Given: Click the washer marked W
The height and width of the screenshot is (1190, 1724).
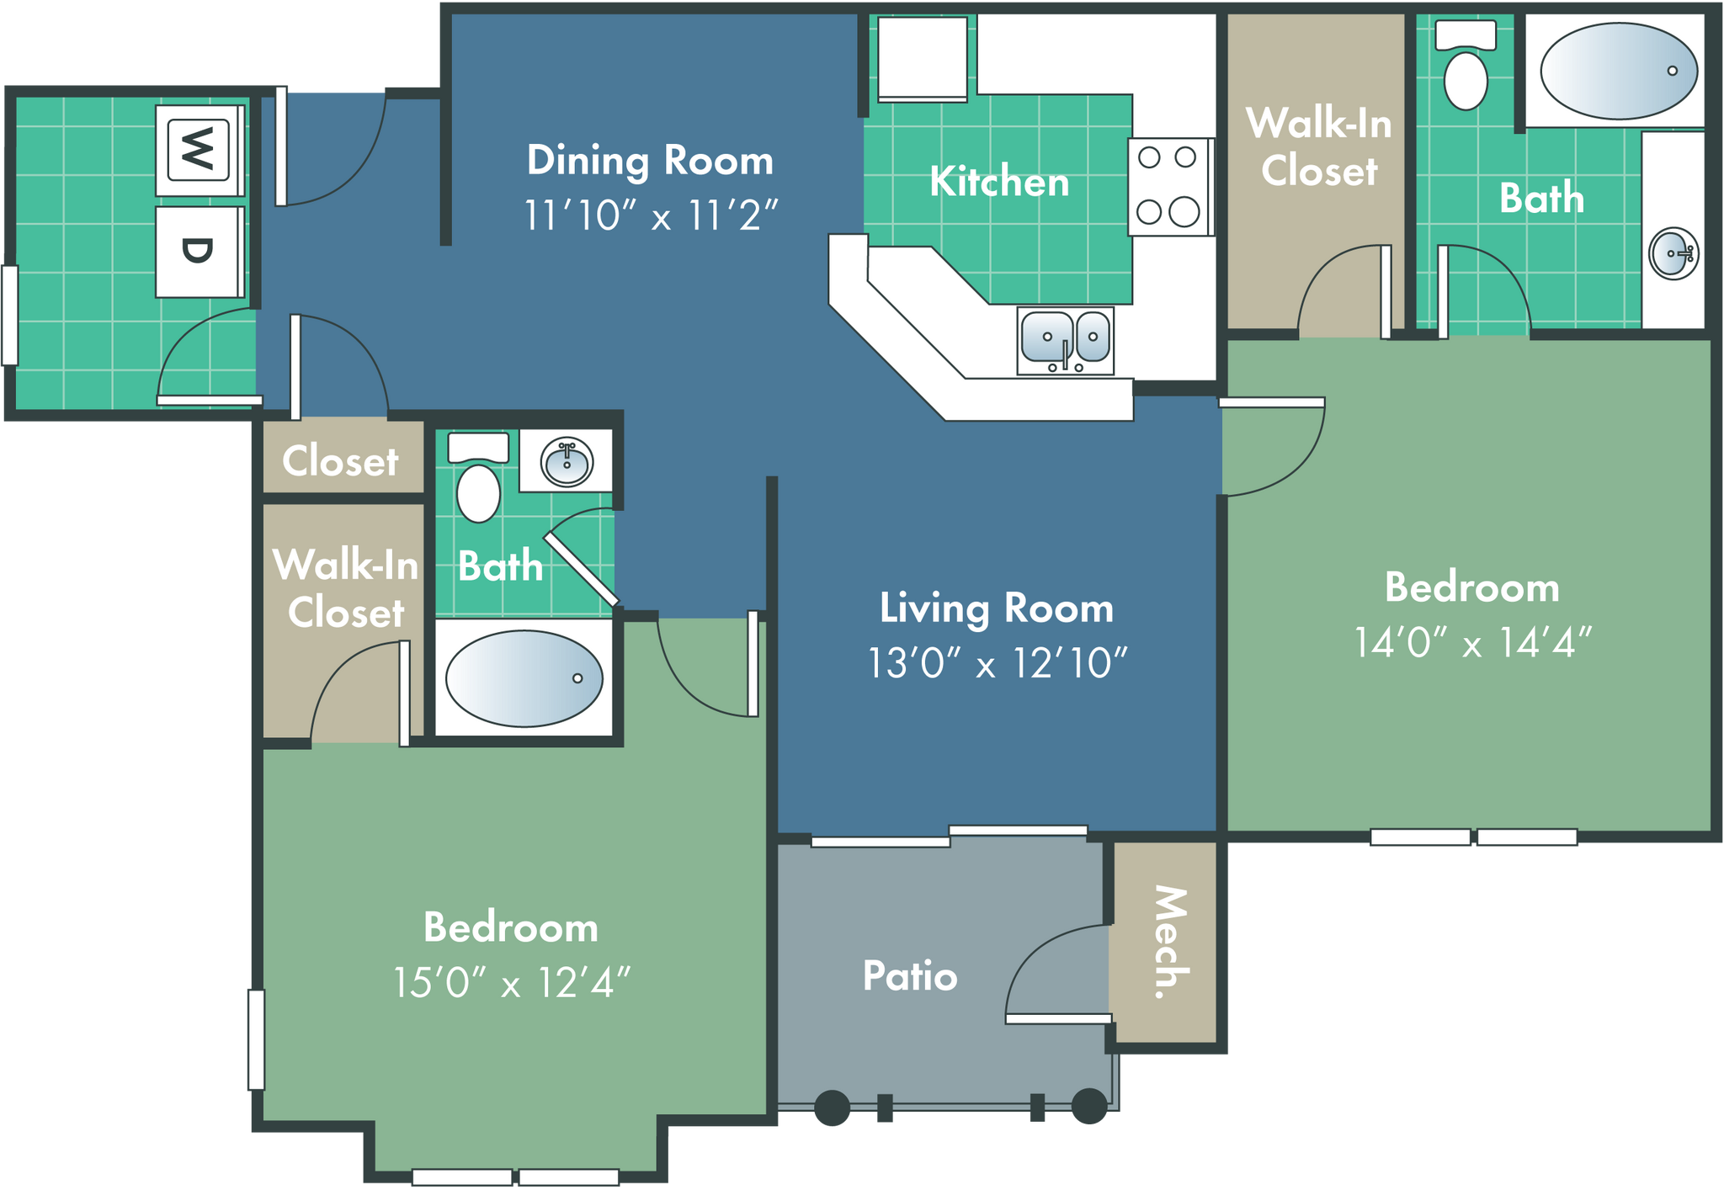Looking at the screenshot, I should [199, 151].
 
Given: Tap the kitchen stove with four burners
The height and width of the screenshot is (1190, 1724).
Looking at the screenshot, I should [1168, 186].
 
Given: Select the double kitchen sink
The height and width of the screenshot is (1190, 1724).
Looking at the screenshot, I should [1065, 340].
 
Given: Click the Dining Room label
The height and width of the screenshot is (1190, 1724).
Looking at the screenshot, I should [650, 161].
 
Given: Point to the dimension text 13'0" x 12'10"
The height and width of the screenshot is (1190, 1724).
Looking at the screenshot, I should [997, 663].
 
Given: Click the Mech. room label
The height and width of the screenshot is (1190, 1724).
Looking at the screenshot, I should [1170, 942].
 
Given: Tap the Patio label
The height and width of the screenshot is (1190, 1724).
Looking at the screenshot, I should [910, 976].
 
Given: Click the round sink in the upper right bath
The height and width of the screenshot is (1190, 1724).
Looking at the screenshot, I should [1673, 252].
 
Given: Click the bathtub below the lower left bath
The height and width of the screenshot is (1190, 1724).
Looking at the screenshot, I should [524, 678].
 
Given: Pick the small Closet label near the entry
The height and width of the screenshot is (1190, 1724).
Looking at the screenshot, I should [340, 461].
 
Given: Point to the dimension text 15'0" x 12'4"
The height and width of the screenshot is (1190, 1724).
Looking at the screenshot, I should [511, 982].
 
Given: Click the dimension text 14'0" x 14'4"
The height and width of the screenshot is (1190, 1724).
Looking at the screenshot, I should [1471, 643].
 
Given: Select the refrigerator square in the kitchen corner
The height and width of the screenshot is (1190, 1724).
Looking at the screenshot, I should [922, 57].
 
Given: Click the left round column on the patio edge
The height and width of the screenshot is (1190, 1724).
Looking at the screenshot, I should [832, 1108].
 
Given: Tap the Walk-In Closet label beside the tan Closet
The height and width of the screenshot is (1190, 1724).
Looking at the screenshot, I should [345, 588].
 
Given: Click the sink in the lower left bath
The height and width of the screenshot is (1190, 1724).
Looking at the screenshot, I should [567, 462].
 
